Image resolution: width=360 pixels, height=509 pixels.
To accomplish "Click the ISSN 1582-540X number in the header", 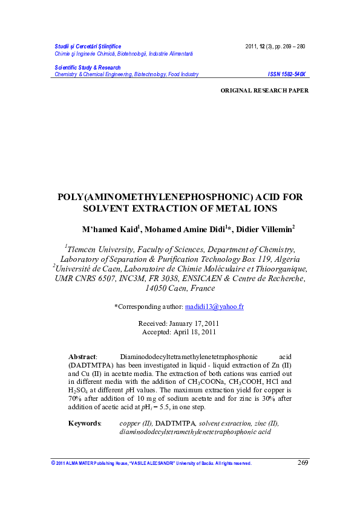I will pos(287,74).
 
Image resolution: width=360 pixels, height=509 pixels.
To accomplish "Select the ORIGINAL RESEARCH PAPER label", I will pos(264,90).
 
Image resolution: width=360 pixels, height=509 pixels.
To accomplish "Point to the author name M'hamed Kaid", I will pos(111,230).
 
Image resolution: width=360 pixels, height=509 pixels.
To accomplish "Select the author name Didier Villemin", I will pos(255,230).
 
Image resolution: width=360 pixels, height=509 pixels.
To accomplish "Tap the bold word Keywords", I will pos(85,423).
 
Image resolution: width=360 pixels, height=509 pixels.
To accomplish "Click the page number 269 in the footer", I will pos(303,463).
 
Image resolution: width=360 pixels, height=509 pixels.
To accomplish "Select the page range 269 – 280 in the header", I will pos(290,47).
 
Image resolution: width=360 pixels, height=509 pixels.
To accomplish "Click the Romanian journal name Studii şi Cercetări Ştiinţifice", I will pos(88,47).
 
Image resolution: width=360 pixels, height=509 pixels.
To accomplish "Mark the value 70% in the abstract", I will pos(76,400).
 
